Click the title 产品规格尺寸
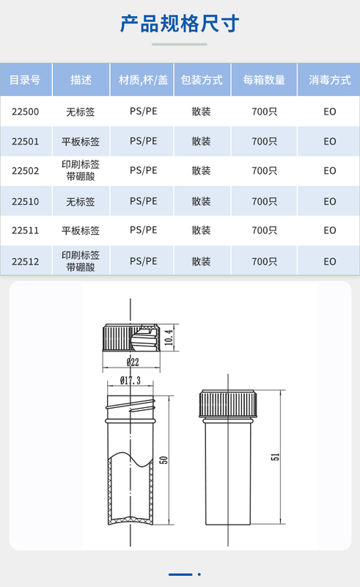[x=179, y=23]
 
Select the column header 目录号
[x=25, y=80]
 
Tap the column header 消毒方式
[x=330, y=80]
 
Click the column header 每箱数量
[x=264, y=80]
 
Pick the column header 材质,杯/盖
[x=143, y=80]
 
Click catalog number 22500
[x=25, y=112]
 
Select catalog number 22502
[x=25, y=171]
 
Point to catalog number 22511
[x=25, y=230]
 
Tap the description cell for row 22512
[x=81, y=261]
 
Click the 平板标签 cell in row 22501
[x=81, y=142]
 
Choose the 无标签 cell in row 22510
[x=81, y=202]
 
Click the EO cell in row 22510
[x=330, y=201]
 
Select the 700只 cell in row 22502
[x=265, y=171]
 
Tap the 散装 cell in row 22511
[x=202, y=230]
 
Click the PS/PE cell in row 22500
[x=143, y=112]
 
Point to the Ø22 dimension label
[x=133, y=362]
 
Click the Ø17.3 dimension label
[x=131, y=381]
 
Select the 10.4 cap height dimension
[x=169, y=338]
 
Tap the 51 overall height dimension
[x=276, y=457]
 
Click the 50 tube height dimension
[x=164, y=460]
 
